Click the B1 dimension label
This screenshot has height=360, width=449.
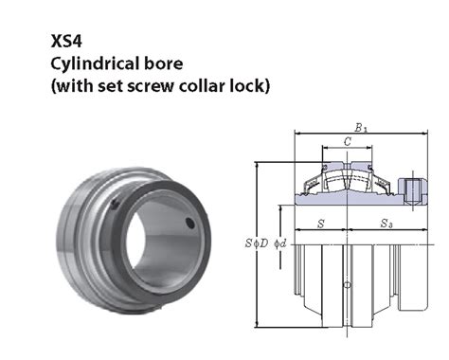[361, 126]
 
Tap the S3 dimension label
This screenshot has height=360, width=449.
[387, 224]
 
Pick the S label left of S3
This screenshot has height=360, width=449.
[320, 224]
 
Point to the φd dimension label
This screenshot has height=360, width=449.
[279, 243]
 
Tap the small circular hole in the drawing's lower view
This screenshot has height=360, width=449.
[347, 285]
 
